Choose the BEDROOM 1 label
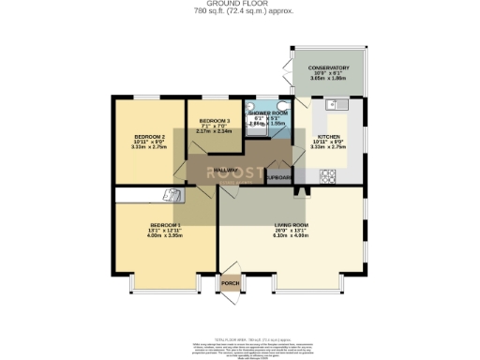click(164, 225)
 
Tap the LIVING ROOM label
click(291, 226)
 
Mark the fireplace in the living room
click(301, 193)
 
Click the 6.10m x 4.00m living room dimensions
click(291, 235)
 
